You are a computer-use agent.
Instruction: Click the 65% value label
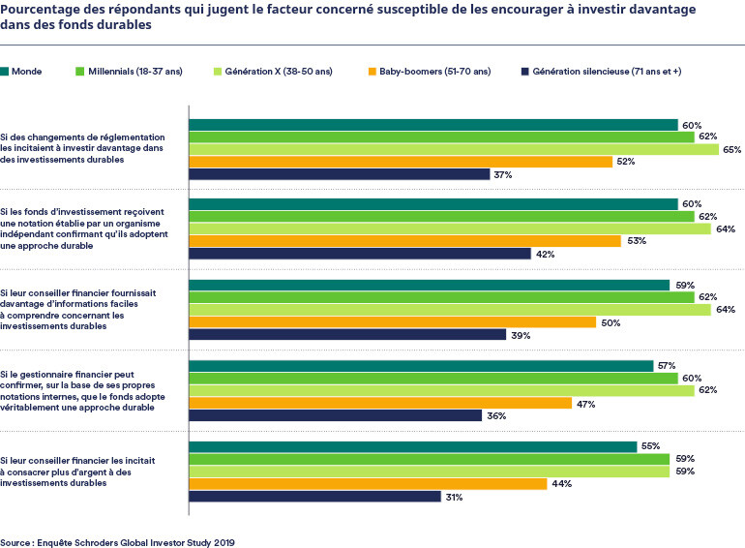pos(732,150)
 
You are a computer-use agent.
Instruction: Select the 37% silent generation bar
pos(339,174)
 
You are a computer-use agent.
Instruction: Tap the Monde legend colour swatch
pos(6,72)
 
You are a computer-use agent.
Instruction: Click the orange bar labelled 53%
pos(404,241)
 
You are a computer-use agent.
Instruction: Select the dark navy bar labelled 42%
pos(359,254)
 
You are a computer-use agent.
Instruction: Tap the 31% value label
pos(454,497)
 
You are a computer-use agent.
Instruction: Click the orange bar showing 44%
pos(368,483)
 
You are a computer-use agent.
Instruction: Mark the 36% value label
pos(494,415)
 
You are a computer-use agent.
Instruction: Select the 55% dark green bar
pos(412,446)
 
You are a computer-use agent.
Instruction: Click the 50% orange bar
pos(392,321)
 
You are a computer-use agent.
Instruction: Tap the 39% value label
pos(519,335)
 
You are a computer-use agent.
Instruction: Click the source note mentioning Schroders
pos(117,542)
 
